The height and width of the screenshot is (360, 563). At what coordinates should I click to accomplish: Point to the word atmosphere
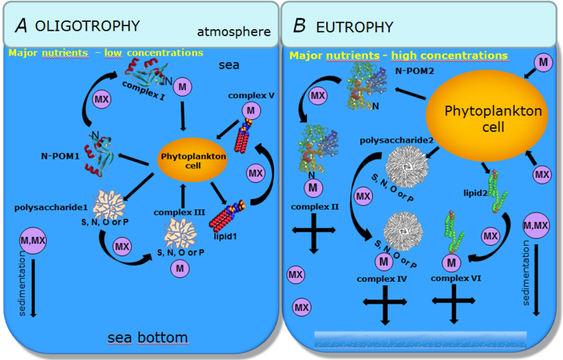pyautogui.click(x=234, y=32)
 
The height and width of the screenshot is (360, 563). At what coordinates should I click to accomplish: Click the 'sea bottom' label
pyautogui.click(x=147, y=337)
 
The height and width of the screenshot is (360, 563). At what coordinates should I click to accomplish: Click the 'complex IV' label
pyautogui.click(x=380, y=279)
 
